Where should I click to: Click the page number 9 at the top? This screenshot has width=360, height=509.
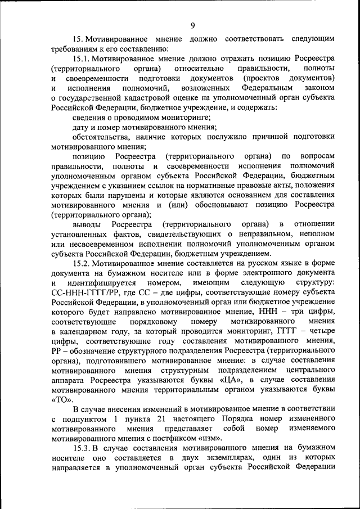(192, 25)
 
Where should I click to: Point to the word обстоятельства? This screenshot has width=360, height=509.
(102, 136)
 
